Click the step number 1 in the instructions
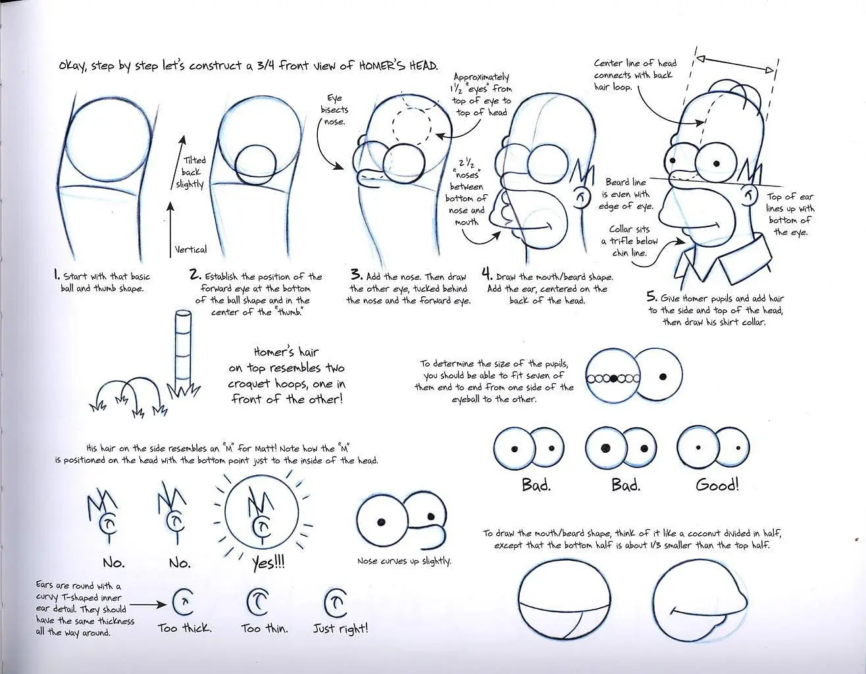(57, 274)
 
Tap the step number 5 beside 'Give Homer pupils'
(651, 296)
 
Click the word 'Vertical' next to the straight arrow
(191, 249)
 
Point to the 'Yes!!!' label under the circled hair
(268, 562)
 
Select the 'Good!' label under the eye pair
(717, 485)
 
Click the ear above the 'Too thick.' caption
(184, 602)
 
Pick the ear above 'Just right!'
(335, 602)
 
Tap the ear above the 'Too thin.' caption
(258, 602)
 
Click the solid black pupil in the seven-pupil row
(614, 378)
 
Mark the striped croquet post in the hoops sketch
(184, 351)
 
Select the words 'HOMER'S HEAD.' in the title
(398, 66)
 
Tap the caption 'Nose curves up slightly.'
(404, 561)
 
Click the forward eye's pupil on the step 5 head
(717, 163)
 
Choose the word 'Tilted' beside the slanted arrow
(195, 160)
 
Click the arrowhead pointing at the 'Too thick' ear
(162, 605)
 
